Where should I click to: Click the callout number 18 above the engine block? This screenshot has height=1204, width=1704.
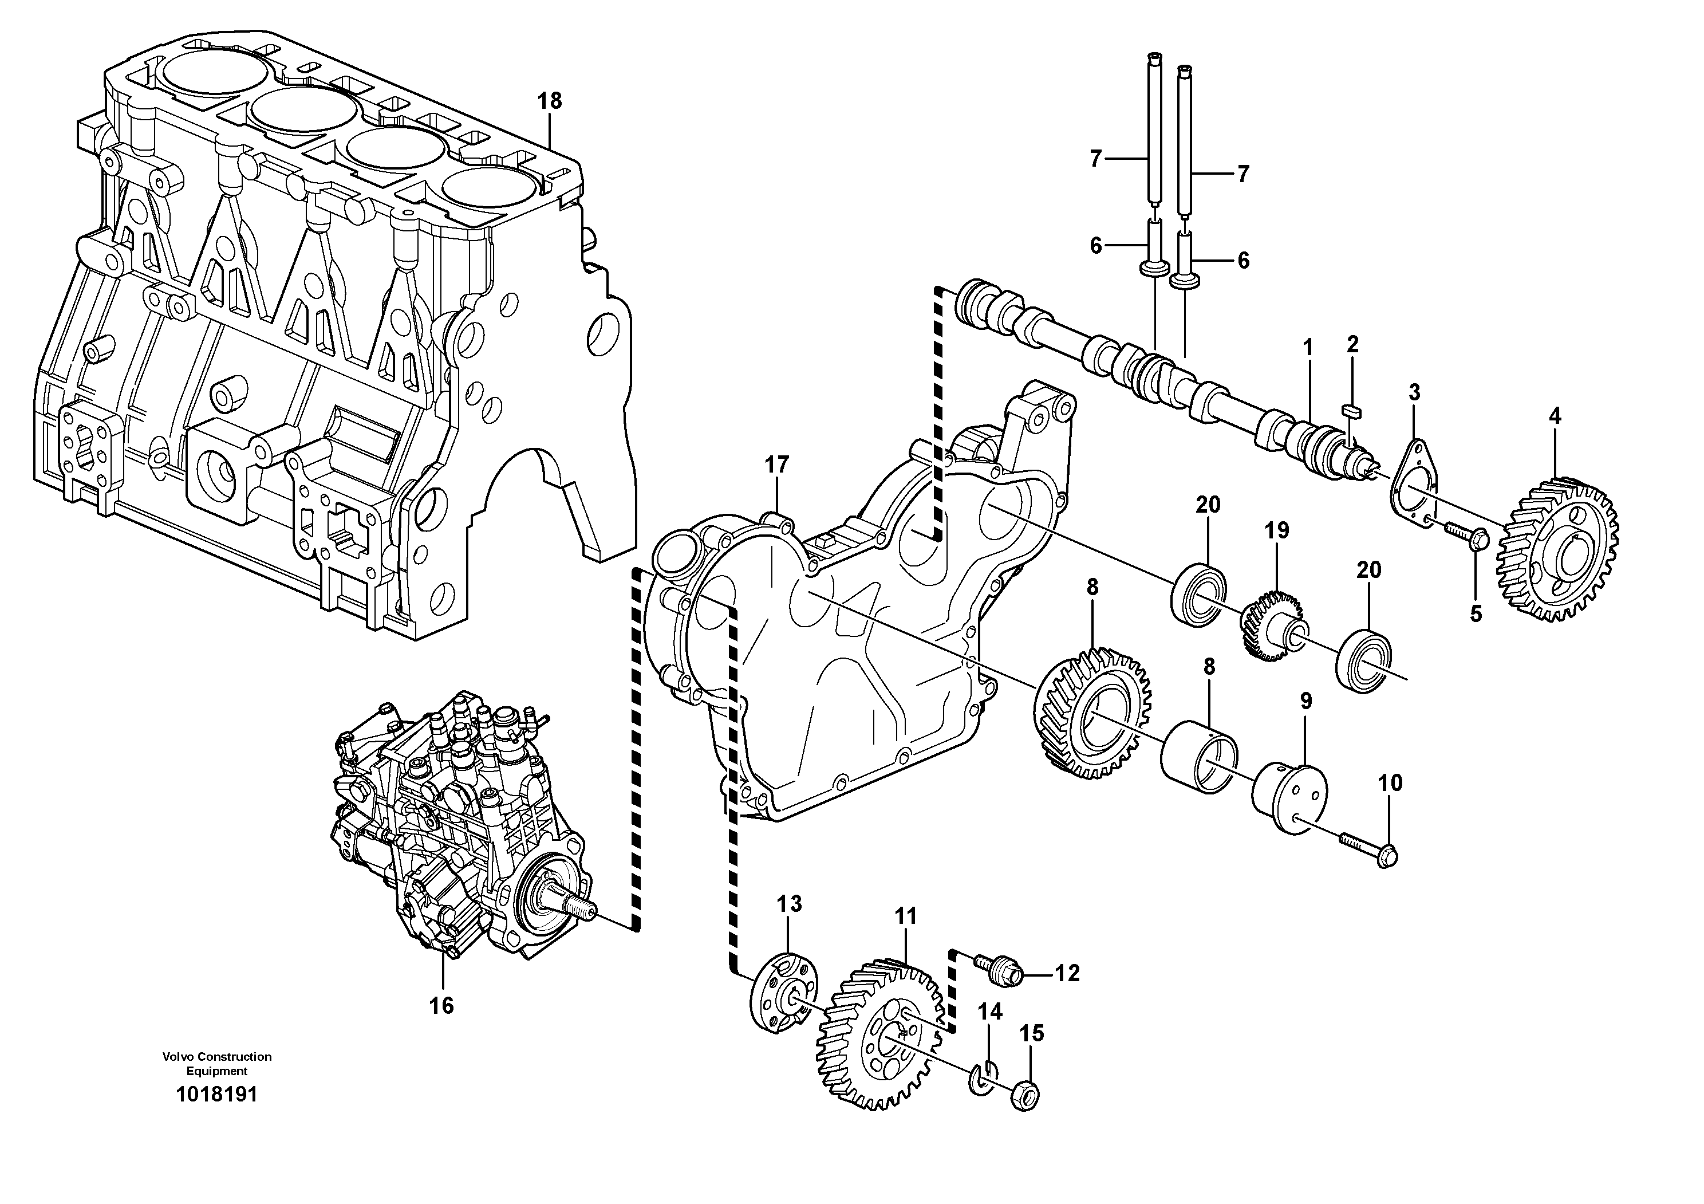(x=549, y=100)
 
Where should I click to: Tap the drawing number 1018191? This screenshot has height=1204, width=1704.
(x=216, y=1095)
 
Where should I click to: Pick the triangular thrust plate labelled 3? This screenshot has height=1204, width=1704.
(x=1413, y=486)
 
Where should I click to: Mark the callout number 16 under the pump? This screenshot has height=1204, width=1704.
(x=441, y=1006)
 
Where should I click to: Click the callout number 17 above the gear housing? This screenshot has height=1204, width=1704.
(x=776, y=466)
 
